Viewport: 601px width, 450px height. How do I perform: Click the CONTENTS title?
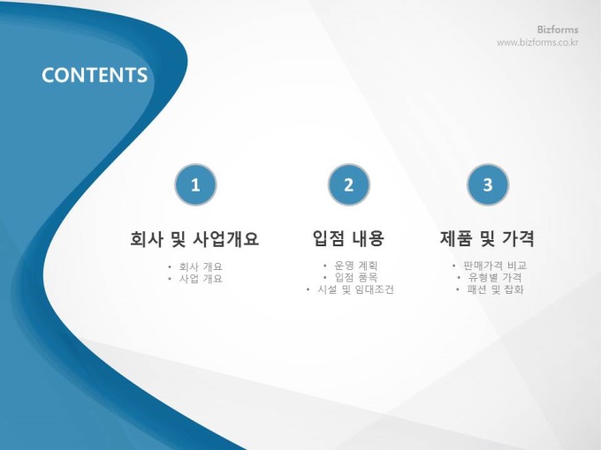95,75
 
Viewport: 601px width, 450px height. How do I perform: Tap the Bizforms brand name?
558,29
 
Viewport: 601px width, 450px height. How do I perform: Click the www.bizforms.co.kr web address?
537,42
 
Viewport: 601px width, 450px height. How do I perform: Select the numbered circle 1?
195,184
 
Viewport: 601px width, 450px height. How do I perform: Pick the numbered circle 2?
349,184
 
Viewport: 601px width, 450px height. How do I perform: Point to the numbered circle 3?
488,184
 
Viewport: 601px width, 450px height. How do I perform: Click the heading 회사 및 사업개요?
194,238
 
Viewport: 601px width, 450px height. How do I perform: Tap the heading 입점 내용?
348,238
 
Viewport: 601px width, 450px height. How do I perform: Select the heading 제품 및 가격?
487,238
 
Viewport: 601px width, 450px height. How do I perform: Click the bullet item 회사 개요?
201,266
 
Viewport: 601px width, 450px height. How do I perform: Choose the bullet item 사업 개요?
201,279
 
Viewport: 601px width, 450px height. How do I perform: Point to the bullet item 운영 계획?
356,266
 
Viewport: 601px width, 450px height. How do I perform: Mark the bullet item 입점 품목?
356,277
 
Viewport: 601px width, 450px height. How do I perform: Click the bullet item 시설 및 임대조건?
355,289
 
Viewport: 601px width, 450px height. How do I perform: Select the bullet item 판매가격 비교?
495,266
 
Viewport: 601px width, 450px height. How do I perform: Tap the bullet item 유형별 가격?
495,277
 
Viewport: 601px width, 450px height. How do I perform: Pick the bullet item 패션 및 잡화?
495,289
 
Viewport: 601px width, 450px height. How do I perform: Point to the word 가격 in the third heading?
518,238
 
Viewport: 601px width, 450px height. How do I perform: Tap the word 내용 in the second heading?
367,238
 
